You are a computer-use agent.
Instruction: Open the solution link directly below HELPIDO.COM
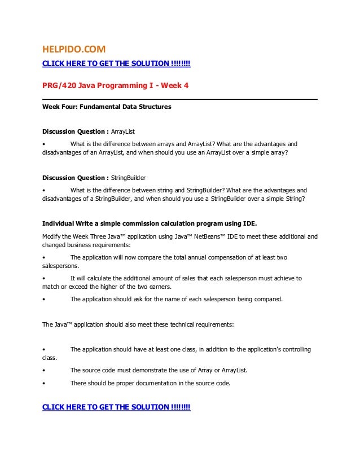116,63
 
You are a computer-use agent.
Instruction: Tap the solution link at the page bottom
116,407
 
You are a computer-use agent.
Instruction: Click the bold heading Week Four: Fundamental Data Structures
107,106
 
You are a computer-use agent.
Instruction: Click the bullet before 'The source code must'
44,370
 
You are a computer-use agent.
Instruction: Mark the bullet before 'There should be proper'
44,383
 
